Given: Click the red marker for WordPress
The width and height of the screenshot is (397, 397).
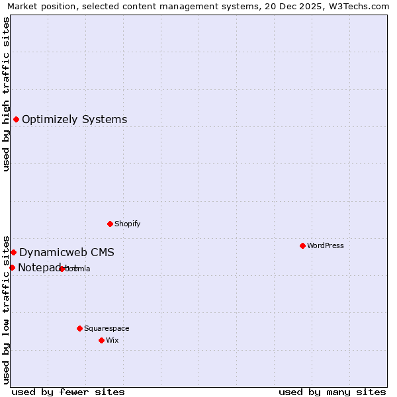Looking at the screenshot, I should pyautogui.click(x=302, y=245).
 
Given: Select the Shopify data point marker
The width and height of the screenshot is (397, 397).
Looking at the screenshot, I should pyautogui.click(x=110, y=224).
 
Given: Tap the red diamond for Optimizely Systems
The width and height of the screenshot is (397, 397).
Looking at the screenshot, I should pyautogui.click(x=16, y=119).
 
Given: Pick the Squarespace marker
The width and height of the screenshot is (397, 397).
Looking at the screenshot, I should pyautogui.click(x=79, y=328).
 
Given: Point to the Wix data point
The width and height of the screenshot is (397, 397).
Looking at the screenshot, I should pyautogui.click(x=101, y=340).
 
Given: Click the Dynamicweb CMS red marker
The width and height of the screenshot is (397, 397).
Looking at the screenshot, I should pyautogui.click(x=13, y=252).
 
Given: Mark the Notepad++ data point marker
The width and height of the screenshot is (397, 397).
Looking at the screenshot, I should pyautogui.click(x=12, y=267).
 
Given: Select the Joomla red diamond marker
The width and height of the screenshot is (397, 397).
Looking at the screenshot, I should pyautogui.click(x=62, y=269).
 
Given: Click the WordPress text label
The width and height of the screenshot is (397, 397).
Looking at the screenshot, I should pyautogui.click(x=326, y=245).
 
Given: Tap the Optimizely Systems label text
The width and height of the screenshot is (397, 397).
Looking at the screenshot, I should pyautogui.click(x=75, y=120).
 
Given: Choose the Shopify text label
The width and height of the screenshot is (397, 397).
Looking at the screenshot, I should pyautogui.click(x=128, y=224).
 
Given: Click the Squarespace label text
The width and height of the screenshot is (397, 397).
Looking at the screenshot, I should pyautogui.click(x=107, y=328).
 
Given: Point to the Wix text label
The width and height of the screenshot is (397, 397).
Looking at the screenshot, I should pyautogui.click(x=112, y=340).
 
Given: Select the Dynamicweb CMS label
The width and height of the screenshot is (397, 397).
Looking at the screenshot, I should pyautogui.click(x=67, y=253).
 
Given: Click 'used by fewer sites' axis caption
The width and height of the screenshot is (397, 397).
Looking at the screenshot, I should pyautogui.click(x=68, y=392).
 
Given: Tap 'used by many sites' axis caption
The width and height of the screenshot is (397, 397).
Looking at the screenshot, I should pyautogui.click(x=332, y=392).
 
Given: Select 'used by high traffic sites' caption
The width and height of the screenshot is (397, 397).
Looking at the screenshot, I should pyautogui.click(x=6, y=94).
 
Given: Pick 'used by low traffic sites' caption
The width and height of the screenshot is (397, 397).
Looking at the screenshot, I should pyautogui.click(x=6, y=309).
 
